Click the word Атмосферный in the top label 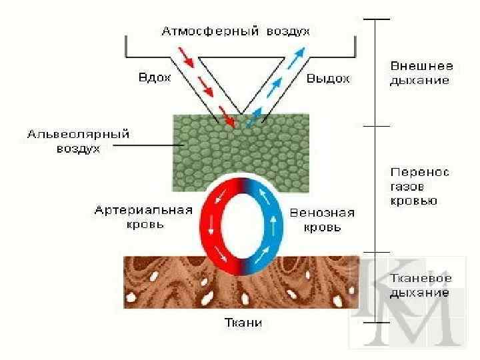tap(206, 31)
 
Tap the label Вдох tap(154, 78)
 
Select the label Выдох tap(328, 79)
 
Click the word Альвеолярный tap(78, 135)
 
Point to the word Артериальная tap(143, 211)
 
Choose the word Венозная tap(323, 213)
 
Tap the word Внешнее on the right tap(421, 67)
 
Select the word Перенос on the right tap(420, 172)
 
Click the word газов tap(406, 187)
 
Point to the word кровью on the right tap(413, 201)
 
